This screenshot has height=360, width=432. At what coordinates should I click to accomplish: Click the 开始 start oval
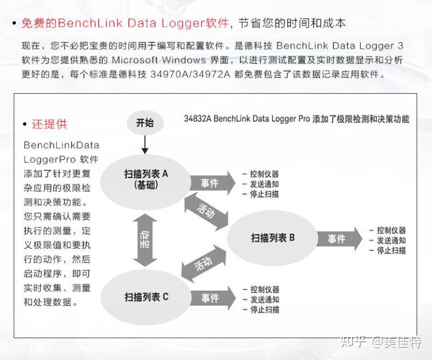(145, 123)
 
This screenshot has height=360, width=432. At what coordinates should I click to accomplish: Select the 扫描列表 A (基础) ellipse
(146, 179)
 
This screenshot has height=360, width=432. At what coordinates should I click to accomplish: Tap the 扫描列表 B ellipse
(273, 238)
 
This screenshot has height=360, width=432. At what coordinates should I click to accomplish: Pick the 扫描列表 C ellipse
(146, 297)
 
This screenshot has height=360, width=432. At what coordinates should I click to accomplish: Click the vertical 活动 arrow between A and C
(146, 240)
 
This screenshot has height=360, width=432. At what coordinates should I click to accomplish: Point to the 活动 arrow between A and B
(206, 211)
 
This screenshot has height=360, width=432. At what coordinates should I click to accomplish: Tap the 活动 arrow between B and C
(203, 264)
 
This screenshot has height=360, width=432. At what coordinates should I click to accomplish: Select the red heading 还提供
(49, 124)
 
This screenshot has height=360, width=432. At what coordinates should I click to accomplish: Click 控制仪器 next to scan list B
(391, 230)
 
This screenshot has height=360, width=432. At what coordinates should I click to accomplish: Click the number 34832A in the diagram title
(197, 119)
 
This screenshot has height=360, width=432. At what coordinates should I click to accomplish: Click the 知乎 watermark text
(353, 342)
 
